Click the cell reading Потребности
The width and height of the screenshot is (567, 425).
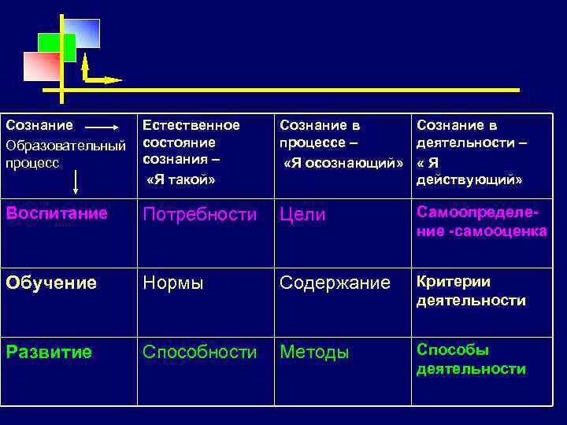[x=199, y=215]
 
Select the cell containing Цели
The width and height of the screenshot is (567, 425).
[x=302, y=215]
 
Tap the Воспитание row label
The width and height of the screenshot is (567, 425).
[x=57, y=213]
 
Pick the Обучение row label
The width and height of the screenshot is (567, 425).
[x=51, y=283]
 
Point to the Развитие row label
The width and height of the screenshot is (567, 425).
[x=49, y=352]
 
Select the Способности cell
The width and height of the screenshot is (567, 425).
[x=199, y=352]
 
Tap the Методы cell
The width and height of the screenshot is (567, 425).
[x=314, y=353]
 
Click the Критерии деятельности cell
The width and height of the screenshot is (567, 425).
[x=471, y=291]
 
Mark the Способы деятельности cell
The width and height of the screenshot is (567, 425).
[x=471, y=360]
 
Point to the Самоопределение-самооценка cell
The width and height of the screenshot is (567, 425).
[x=481, y=221]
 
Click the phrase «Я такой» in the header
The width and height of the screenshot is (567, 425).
[x=181, y=179]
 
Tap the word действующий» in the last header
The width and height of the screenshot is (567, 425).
[x=469, y=180]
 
